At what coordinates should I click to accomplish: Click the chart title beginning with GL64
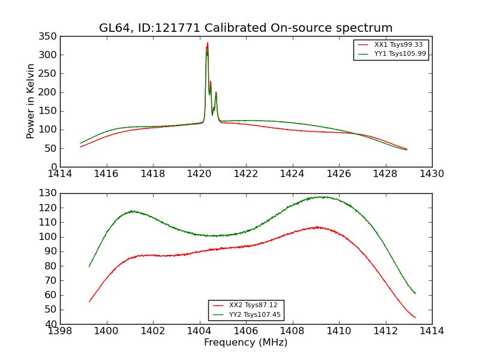click(245, 28)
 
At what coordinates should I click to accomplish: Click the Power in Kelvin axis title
click(31, 101)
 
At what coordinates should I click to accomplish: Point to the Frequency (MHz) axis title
click(245, 343)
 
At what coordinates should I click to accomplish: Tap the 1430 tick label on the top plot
click(431, 174)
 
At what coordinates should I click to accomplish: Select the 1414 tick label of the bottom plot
click(431, 331)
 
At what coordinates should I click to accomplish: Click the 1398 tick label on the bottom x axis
click(60, 331)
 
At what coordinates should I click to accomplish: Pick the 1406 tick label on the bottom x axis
click(245, 331)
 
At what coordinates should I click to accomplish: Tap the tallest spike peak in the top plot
click(208, 43)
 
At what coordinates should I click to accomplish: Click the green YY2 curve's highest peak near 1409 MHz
click(322, 197)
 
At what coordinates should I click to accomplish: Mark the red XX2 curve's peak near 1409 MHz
click(317, 227)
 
